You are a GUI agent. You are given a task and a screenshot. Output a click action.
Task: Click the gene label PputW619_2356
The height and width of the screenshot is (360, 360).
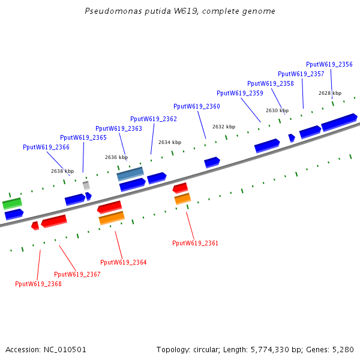329,64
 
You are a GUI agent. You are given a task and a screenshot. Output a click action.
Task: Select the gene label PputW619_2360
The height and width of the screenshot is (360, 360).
197,106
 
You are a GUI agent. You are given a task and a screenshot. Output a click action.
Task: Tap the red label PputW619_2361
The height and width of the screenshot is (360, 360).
195,243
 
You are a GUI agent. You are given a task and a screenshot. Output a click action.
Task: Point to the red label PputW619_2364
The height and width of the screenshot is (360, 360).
123,262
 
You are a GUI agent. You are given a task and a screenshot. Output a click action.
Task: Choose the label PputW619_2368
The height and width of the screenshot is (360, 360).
38,284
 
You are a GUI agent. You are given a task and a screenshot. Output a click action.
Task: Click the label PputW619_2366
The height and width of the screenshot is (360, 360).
46,147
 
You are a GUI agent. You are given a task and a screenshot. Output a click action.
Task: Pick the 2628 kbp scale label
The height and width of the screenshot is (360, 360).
329,93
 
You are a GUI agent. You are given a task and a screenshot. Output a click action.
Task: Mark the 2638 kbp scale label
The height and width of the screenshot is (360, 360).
62,171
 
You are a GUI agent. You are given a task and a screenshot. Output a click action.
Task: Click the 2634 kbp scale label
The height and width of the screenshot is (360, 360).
169,142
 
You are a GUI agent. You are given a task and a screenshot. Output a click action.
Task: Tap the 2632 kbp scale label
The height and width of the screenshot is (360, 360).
223,127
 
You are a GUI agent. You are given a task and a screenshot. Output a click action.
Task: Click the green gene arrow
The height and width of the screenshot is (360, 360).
12,203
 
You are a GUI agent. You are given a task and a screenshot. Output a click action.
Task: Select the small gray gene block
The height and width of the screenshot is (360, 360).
86,185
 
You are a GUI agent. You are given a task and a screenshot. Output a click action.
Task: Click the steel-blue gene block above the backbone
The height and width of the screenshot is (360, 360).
130,174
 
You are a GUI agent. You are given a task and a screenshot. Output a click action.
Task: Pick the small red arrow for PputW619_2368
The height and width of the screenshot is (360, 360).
35,226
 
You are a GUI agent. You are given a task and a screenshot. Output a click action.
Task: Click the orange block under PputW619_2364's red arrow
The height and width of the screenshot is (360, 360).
112,218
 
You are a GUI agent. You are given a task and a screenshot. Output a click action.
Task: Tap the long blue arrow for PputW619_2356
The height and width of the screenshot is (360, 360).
339,122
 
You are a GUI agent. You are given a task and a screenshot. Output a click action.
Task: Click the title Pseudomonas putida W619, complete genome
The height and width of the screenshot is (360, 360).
180,11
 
